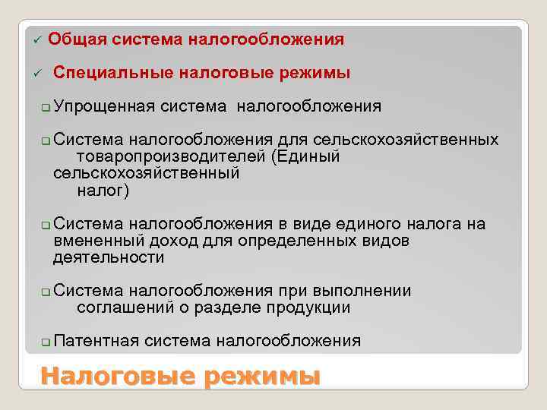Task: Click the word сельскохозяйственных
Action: pyautogui.click(x=405, y=140)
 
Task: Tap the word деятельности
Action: pyautogui.click(x=109, y=257)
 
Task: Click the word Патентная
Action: pyautogui.click(x=97, y=341)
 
